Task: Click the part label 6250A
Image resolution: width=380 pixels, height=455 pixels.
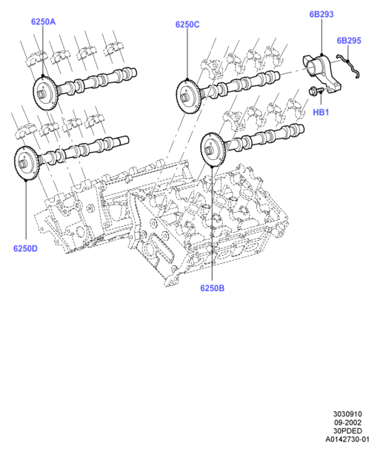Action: [x=43, y=21]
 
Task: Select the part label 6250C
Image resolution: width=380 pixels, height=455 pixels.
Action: [x=187, y=24]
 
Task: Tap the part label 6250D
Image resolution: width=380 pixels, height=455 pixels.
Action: [x=25, y=249]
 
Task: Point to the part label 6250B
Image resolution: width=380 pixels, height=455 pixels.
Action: [x=213, y=288]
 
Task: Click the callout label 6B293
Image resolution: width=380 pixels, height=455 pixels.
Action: [x=321, y=14]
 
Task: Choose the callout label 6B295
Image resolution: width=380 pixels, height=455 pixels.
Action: [x=349, y=41]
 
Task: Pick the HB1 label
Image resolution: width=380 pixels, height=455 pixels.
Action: [x=321, y=112]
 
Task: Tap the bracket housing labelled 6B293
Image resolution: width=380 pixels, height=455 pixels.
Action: [x=322, y=73]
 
